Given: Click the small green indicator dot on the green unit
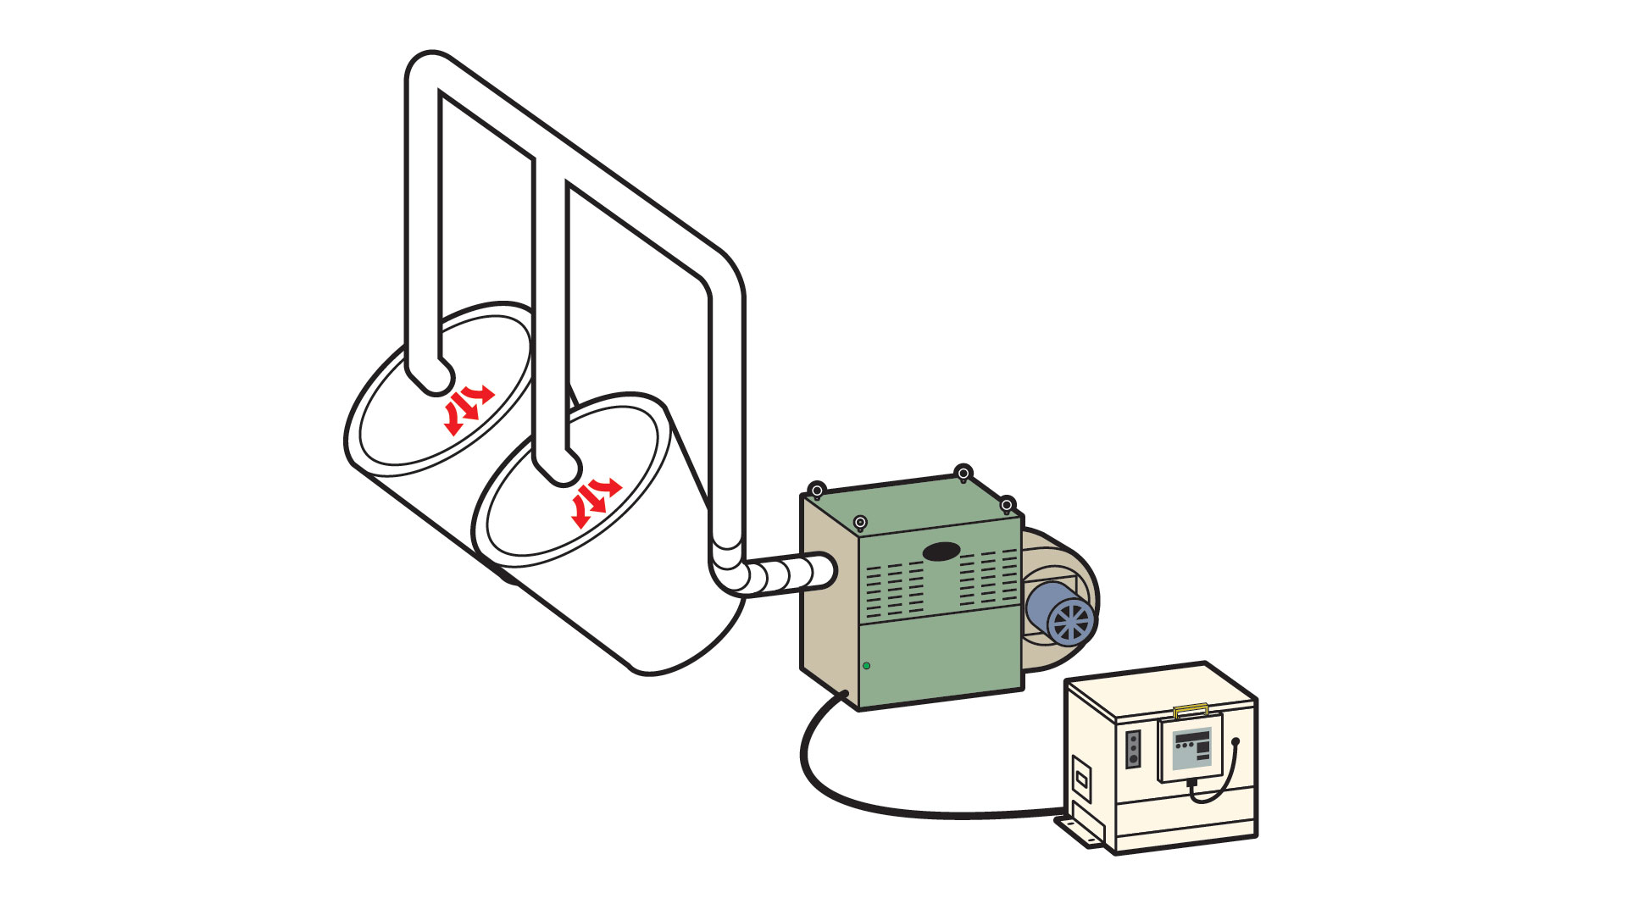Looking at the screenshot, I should [x=866, y=666].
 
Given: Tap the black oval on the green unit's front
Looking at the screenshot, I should [x=941, y=552].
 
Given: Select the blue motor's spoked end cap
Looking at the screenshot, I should [x=1071, y=622].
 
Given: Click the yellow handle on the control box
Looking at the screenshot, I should [x=1191, y=710].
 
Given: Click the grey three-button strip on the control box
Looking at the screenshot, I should [x=1133, y=750].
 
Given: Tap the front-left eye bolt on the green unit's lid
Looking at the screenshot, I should [x=860, y=523].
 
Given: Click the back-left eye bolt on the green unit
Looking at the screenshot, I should [x=817, y=491].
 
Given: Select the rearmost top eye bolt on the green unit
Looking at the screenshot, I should [x=963, y=473].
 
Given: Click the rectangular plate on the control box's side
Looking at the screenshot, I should [x=1080, y=777].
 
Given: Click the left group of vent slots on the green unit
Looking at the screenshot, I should [x=895, y=589].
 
